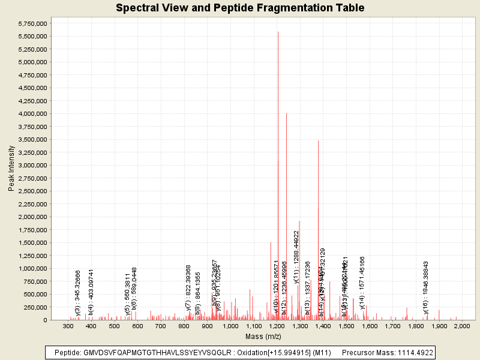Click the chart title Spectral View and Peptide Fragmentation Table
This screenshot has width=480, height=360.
(240, 8)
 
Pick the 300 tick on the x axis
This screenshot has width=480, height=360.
(68, 326)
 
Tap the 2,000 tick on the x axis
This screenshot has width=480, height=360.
(462, 326)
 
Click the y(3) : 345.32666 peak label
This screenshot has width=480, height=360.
(78, 292)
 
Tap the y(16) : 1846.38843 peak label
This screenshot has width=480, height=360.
(426, 287)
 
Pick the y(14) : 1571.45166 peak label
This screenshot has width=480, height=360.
(362, 283)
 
